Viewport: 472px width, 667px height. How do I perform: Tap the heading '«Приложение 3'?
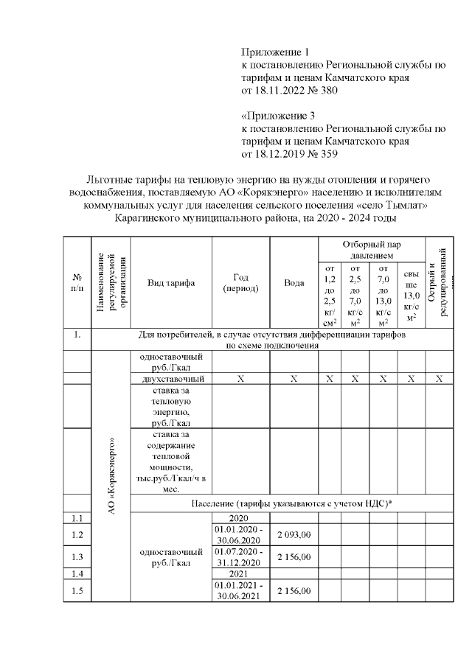(278, 116)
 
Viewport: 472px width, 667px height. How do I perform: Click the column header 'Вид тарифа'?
(171, 284)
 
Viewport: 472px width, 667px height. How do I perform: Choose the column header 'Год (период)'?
(240, 283)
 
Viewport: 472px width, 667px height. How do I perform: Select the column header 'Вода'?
(294, 284)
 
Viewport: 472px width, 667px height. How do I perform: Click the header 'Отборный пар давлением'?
(372, 249)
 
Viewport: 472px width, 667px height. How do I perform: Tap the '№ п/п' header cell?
(77, 283)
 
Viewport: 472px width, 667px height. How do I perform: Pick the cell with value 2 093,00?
(294, 534)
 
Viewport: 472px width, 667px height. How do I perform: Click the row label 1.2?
(77, 534)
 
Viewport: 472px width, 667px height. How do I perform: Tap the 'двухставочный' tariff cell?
(171, 379)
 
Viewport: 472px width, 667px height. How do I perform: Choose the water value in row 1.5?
(294, 591)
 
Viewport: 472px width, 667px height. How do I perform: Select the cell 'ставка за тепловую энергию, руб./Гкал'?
(171, 407)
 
